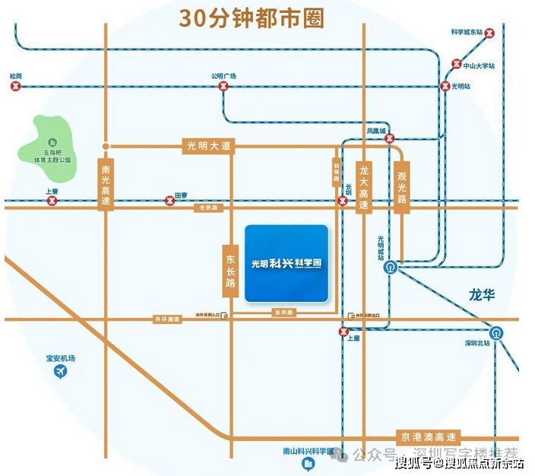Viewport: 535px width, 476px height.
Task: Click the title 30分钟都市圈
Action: (x=251, y=17)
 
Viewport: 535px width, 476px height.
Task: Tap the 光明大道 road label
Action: (x=208, y=145)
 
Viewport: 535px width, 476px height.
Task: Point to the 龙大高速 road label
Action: (x=364, y=187)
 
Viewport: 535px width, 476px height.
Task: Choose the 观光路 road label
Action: (x=402, y=187)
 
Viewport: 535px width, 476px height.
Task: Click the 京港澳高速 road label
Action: (x=429, y=438)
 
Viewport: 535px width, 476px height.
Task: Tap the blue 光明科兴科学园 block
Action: (x=286, y=262)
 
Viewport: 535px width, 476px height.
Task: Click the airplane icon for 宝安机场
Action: (x=61, y=372)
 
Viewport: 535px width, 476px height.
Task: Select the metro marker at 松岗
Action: (x=15, y=87)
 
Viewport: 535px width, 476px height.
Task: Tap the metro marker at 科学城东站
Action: (x=490, y=33)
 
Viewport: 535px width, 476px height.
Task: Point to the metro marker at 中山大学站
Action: (x=457, y=65)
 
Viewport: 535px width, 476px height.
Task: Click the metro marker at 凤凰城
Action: (x=388, y=139)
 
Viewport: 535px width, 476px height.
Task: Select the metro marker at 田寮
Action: (x=168, y=202)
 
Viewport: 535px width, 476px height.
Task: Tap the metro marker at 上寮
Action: (x=52, y=202)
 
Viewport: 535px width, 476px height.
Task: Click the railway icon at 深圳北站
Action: (x=495, y=332)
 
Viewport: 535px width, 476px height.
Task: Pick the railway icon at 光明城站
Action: (x=389, y=267)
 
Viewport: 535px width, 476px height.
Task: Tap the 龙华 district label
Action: (x=482, y=294)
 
